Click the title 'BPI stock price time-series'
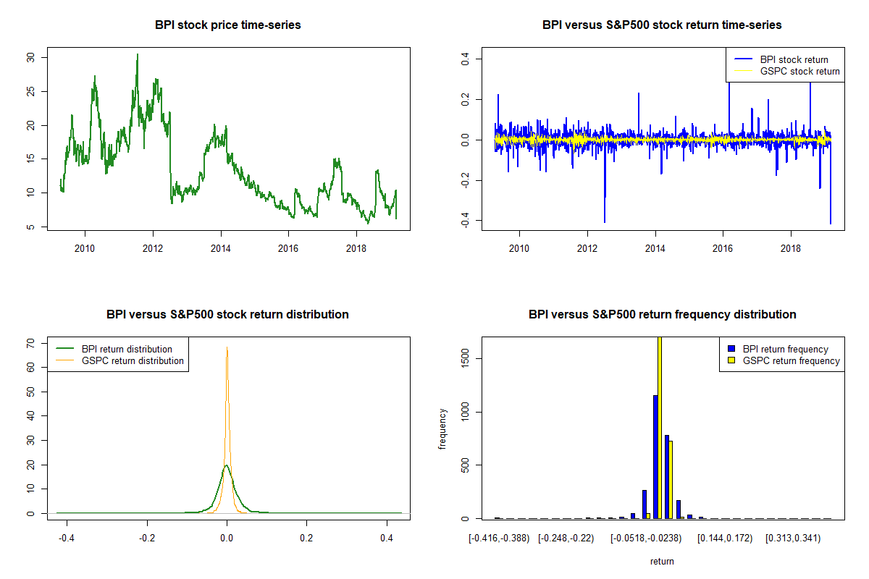click(x=227, y=25)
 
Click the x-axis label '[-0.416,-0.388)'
click(x=499, y=539)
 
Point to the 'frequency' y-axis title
click(x=444, y=428)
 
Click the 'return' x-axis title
click(x=662, y=561)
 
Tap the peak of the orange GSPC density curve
click(x=227, y=347)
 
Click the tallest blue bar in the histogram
click(x=655, y=456)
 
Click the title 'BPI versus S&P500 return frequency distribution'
click(x=662, y=315)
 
